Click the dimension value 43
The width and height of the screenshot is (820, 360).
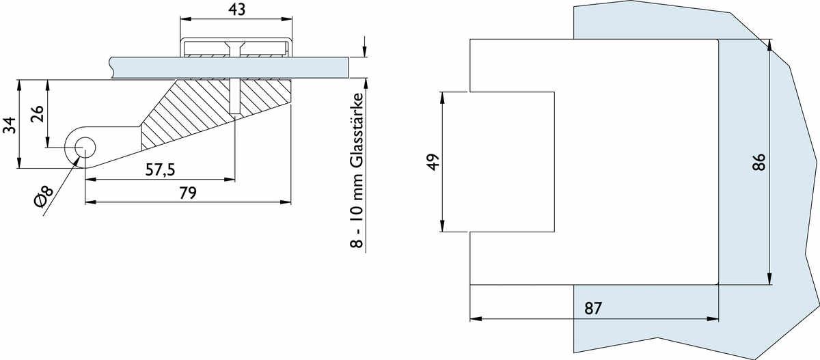pyautogui.click(x=236, y=9)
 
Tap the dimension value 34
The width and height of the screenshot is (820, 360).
pyautogui.click(x=10, y=125)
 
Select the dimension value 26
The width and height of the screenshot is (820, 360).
pyautogui.click(x=37, y=114)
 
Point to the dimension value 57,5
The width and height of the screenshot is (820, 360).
pyautogui.click(x=161, y=170)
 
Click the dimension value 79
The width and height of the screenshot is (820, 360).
pyautogui.click(x=188, y=193)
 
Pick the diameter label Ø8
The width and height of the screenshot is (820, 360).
pyautogui.click(x=44, y=196)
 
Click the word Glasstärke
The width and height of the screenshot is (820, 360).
pyautogui.click(x=357, y=131)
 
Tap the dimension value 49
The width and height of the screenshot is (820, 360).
pyautogui.click(x=433, y=162)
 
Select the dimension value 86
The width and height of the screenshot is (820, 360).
pyautogui.click(x=759, y=162)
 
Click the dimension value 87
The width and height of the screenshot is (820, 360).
pyautogui.click(x=593, y=308)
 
